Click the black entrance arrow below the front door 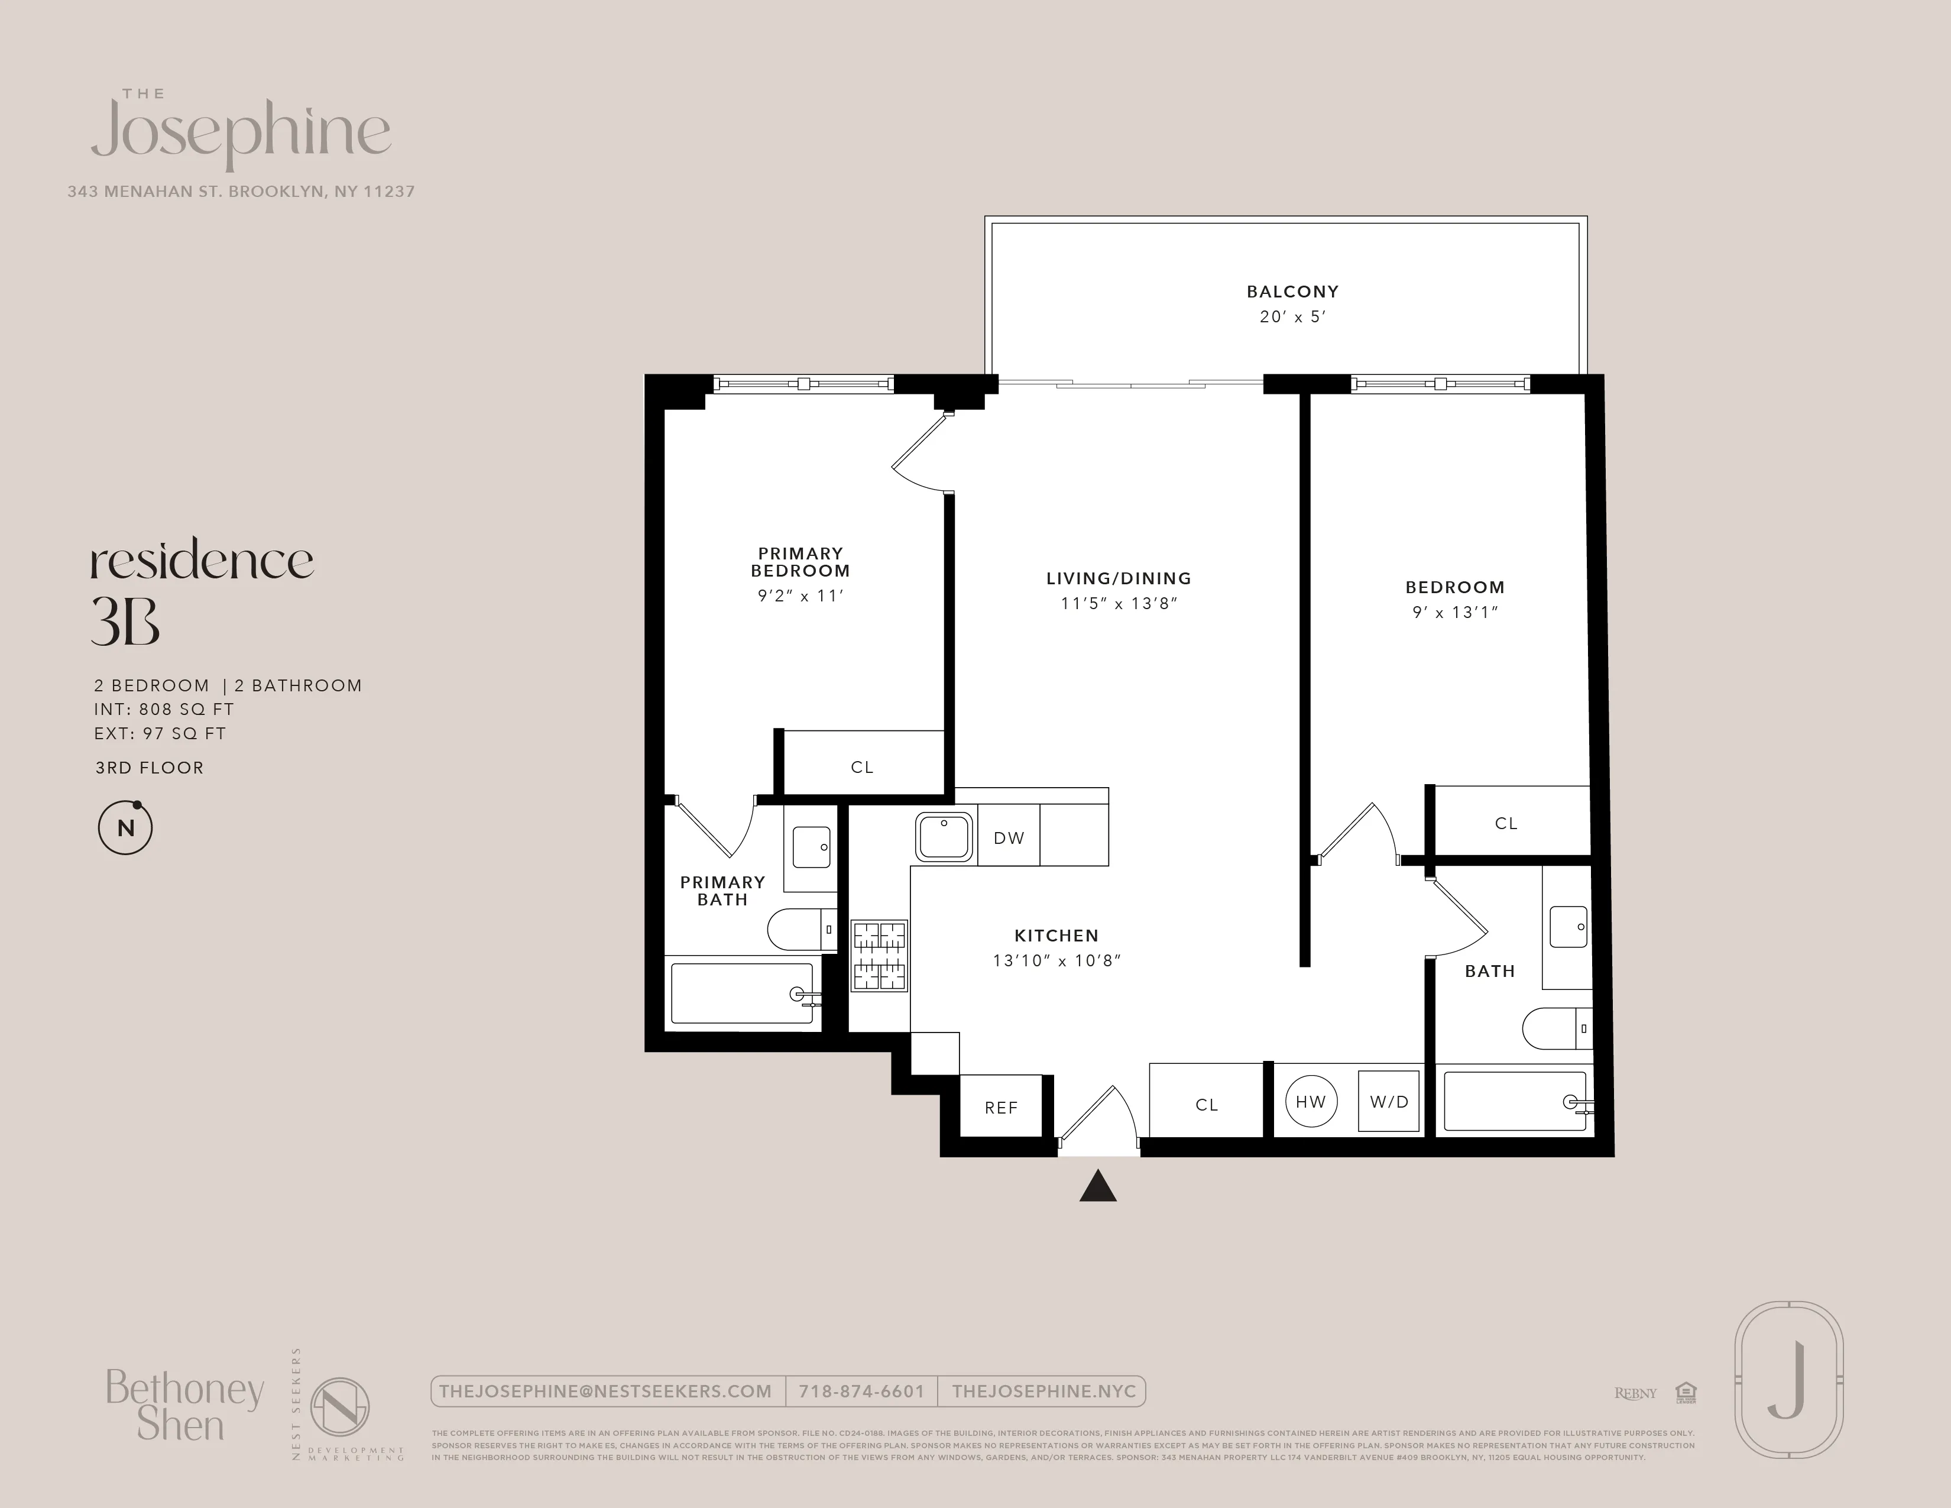click(x=1098, y=1187)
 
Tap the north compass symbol click(x=125, y=828)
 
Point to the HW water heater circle click(x=1311, y=1102)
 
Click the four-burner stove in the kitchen click(x=879, y=956)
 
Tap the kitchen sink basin click(x=944, y=837)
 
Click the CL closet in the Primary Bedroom click(x=861, y=766)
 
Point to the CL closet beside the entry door click(x=1206, y=1104)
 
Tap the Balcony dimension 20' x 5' click(x=1292, y=316)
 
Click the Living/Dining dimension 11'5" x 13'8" click(x=1119, y=603)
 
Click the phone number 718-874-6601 click(x=861, y=1391)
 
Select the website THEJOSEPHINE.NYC click(x=1043, y=1391)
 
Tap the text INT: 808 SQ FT click(x=164, y=709)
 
